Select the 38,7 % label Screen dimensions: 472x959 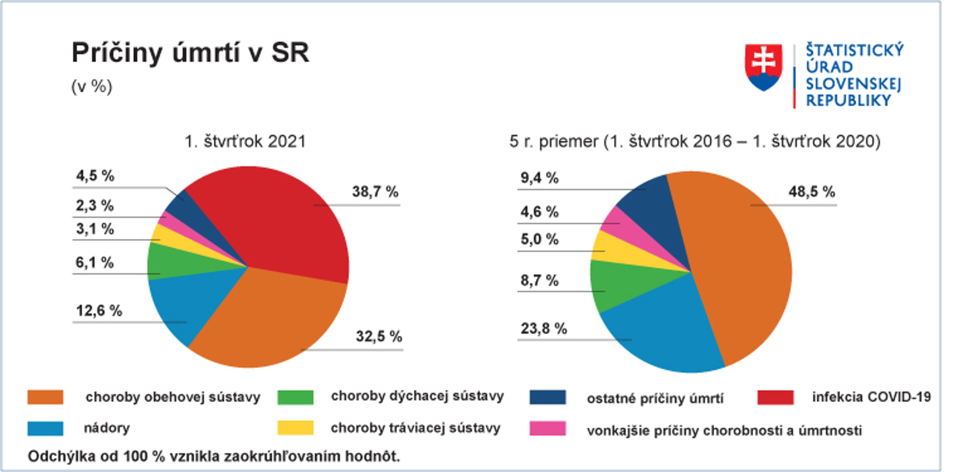pos(375,192)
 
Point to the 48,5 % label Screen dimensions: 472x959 pos(811,192)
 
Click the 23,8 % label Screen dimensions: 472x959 pos(544,329)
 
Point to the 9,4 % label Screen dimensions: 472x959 pos(539,178)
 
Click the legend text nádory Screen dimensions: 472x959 pos(107,428)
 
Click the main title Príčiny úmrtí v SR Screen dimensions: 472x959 pos(190,53)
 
